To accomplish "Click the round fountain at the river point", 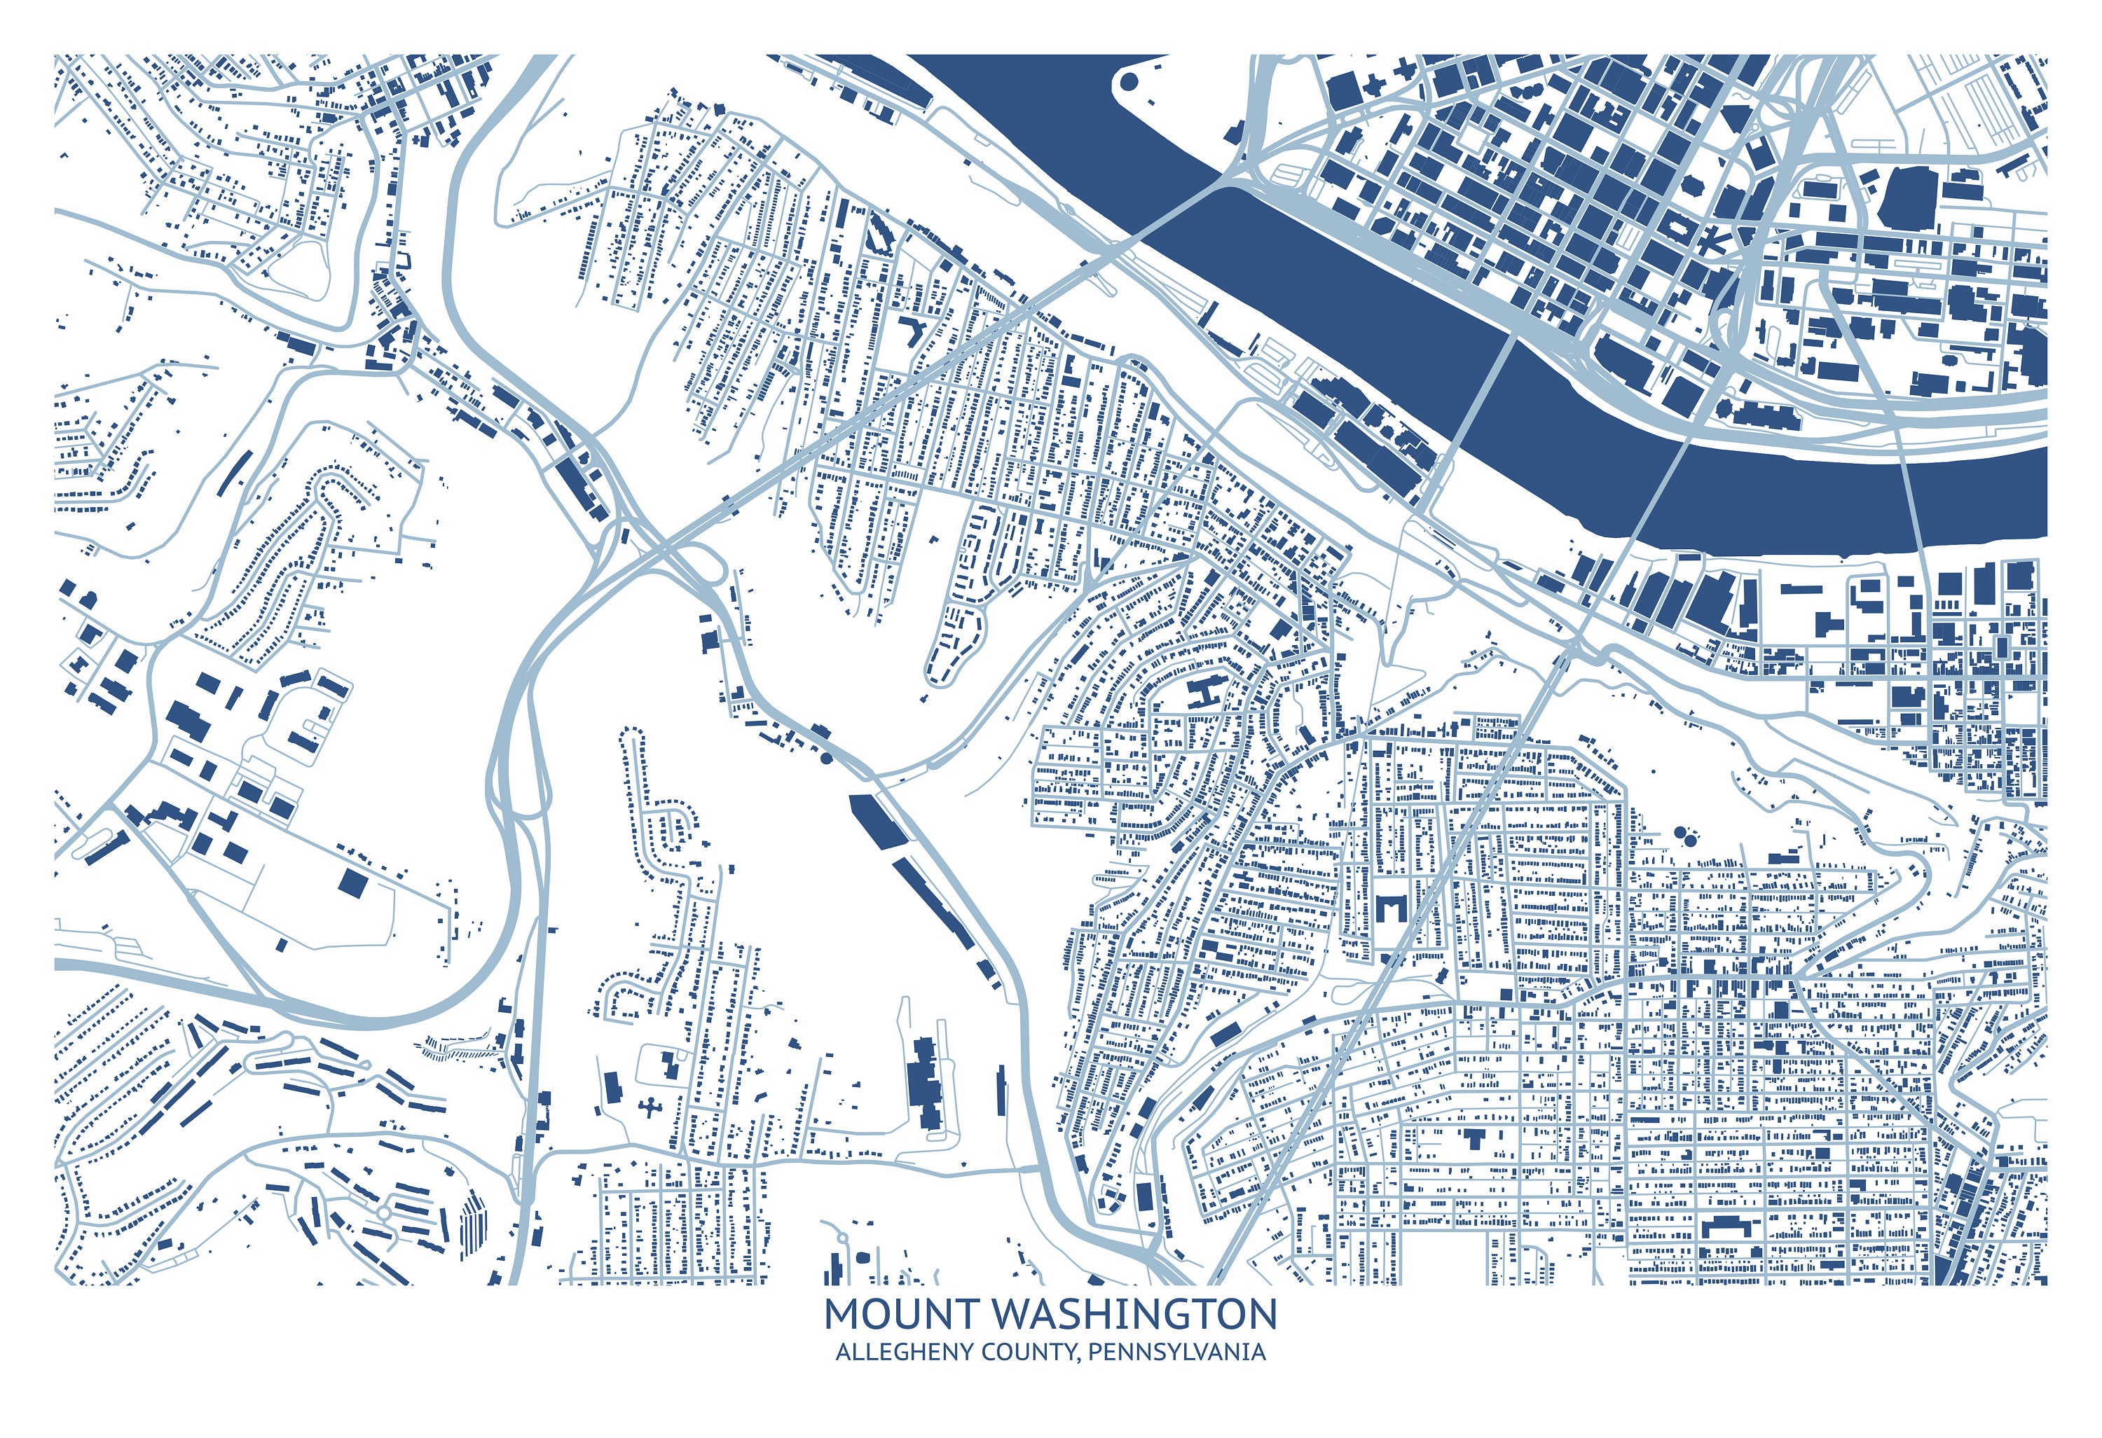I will (1129, 82).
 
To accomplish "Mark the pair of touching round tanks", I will (1686, 833).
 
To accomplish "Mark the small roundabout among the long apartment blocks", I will (383, 1211).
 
